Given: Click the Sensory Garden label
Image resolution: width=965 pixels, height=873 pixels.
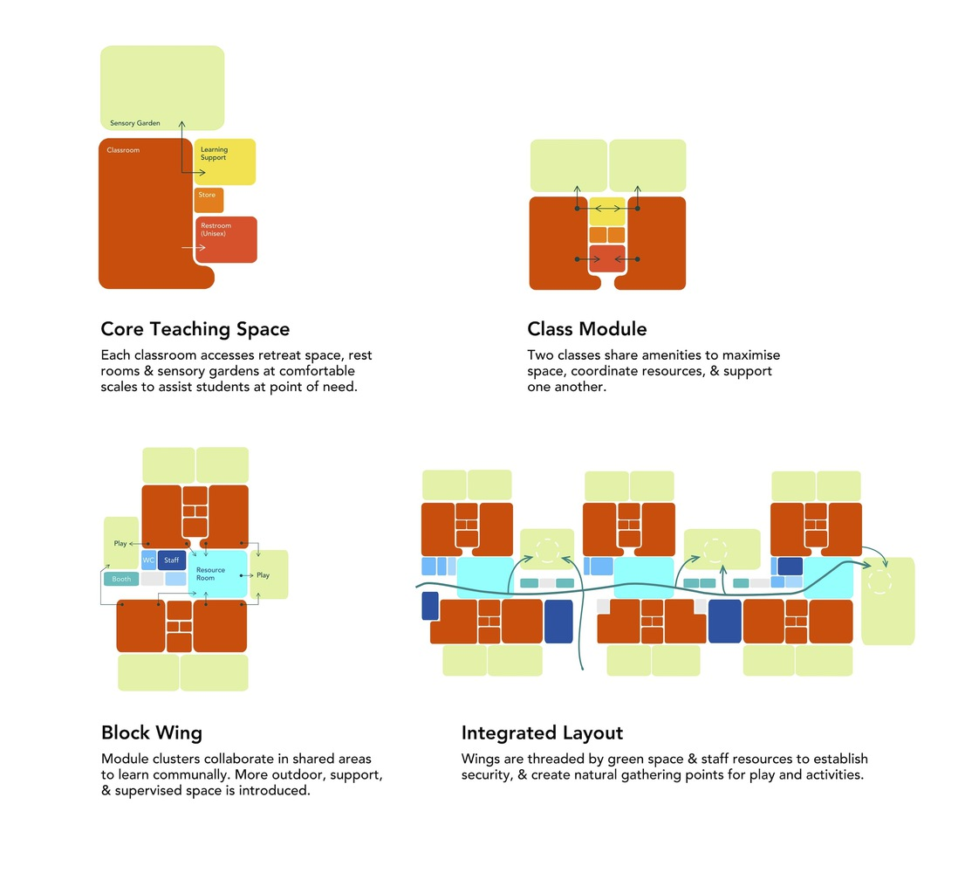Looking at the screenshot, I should click(134, 123).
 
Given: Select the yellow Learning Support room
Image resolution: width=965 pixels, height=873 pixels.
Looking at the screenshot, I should click(224, 162).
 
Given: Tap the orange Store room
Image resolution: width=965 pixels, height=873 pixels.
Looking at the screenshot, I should click(209, 200).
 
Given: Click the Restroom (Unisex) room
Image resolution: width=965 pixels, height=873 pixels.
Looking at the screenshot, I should click(226, 239).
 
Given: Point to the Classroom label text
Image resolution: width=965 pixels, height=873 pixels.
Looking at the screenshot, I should click(123, 150).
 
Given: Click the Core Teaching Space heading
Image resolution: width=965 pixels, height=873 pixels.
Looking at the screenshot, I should click(195, 329).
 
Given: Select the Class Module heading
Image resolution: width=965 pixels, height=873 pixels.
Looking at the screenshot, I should click(586, 329).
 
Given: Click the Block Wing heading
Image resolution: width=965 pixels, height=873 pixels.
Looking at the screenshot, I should click(152, 732).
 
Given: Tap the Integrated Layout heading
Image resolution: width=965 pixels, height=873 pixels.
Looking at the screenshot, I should click(542, 732).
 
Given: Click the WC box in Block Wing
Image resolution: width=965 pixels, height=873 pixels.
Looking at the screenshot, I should click(148, 560).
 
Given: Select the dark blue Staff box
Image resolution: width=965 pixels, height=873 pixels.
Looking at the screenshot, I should click(172, 560).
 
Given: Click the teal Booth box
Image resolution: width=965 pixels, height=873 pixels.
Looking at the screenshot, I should click(121, 579).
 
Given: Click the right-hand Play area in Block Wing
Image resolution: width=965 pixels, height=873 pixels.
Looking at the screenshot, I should click(269, 574).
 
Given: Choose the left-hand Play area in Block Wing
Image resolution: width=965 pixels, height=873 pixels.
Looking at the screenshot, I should click(120, 543).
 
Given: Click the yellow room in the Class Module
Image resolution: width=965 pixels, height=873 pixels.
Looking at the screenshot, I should click(607, 210).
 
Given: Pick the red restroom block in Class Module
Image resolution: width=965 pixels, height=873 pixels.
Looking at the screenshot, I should click(607, 259).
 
